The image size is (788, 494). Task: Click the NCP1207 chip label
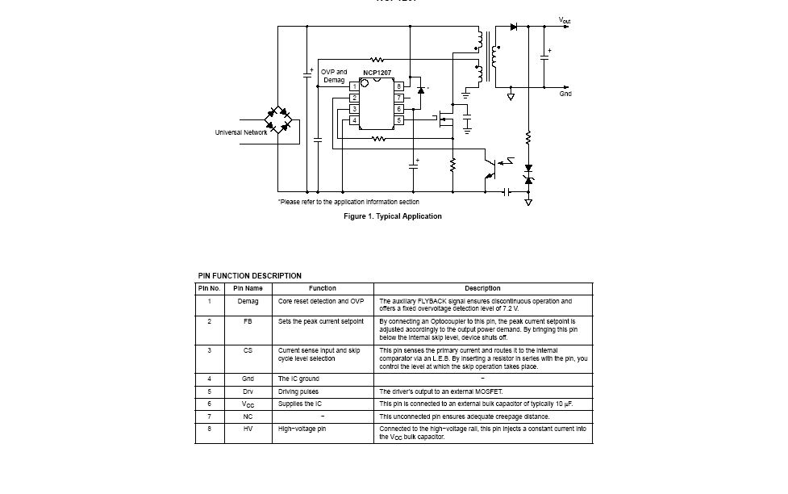pos(377,73)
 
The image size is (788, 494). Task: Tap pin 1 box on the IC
pos(354,86)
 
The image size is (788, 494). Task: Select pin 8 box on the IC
pos(398,86)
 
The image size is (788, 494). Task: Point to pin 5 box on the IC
pos(398,120)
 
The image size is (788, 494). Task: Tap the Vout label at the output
pos(565,20)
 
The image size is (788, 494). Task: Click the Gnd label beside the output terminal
pos(565,94)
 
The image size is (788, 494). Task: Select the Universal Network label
pos(240,132)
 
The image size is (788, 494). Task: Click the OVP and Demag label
pos(334,76)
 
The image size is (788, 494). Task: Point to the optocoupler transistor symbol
pos(490,169)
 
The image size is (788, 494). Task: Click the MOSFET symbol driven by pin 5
pos(443,120)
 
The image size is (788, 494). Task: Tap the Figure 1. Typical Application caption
pos(393,216)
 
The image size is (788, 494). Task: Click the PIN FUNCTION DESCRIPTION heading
pos(250,276)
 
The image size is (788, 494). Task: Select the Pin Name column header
pos(248,288)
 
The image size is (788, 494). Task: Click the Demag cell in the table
pos(248,301)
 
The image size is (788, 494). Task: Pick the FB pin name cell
pos(248,321)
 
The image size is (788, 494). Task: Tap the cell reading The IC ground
pos(298,379)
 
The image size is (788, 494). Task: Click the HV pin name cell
pos(248,429)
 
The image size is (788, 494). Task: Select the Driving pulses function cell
pos(298,391)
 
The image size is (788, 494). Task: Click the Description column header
pos(482,288)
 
